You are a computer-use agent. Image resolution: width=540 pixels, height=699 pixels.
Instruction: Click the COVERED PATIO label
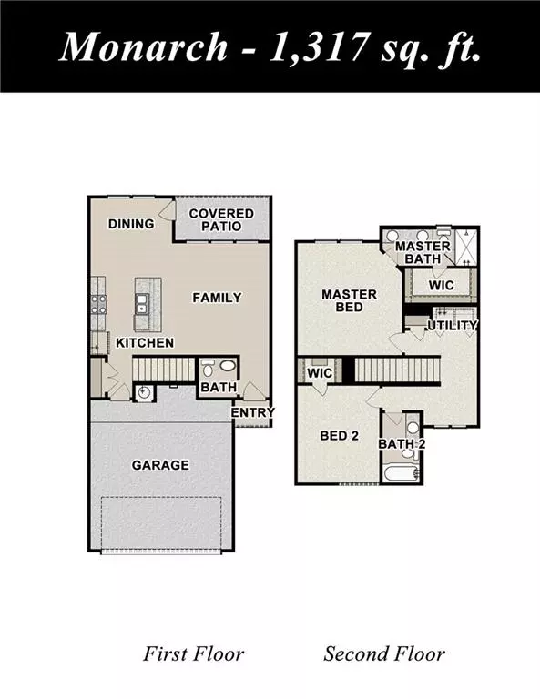221,219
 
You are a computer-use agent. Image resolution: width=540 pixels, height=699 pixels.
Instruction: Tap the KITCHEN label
144,343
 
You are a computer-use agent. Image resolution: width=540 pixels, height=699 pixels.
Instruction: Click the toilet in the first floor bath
208,369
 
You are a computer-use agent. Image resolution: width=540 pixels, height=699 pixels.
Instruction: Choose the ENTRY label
252,413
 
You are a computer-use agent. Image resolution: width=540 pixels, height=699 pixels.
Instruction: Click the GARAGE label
159,465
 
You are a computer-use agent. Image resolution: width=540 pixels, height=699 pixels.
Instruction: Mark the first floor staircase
165,369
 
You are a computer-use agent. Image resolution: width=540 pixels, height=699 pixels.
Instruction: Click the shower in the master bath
464,246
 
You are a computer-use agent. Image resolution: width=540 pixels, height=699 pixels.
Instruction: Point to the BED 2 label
340,436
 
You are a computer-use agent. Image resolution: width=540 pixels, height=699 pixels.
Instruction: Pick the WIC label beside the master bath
442,286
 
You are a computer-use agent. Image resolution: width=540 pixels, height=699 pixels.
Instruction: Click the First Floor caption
193,653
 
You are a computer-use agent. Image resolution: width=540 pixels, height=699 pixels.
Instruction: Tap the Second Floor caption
384,653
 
